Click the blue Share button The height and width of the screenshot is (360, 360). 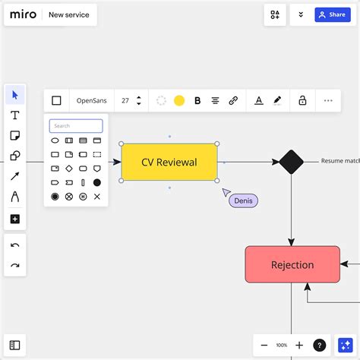click(x=333, y=14)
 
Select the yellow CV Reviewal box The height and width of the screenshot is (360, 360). click(x=169, y=162)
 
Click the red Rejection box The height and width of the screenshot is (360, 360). click(x=292, y=264)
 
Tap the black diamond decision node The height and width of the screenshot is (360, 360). click(x=291, y=162)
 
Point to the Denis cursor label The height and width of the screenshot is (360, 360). click(x=243, y=201)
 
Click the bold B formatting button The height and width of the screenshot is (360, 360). click(x=197, y=101)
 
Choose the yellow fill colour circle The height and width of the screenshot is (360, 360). click(x=179, y=101)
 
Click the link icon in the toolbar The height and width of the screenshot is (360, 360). click(x=233, y=101)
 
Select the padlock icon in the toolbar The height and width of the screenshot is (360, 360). click(x=302, y=100)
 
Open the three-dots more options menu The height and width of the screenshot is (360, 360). click(x=328, y=101)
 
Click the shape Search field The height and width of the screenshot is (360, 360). click(x=76, y=126)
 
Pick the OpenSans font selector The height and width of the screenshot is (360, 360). click(x=92, y=101)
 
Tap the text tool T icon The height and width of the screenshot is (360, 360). click(x=15, y=115)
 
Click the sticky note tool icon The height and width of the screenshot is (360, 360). click(x=15, y=135)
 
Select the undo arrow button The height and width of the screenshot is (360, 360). click(x=15, y=245)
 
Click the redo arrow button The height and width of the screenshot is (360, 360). click(x=15, y=265)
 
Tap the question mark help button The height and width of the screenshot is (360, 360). click(x=320, y=345)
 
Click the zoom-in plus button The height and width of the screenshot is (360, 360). click(x=299, y=345)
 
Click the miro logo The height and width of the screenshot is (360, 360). click(x=23, y=14)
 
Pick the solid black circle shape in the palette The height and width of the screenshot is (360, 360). click(x=97, y=182)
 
